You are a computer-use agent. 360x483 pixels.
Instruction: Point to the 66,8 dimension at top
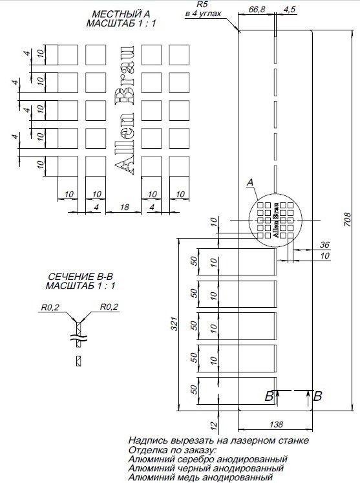pyautogui.click(x=257, y=10)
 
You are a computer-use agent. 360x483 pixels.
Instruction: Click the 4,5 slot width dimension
pyautogui.click(x=290, y=10)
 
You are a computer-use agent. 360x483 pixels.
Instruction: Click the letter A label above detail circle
pyautogui.click(x=249, y=184)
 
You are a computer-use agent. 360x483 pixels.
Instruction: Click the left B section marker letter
pyautogui.click(x=268, y=397)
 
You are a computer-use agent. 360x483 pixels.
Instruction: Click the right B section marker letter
pyautogui.click(x=317, y=397)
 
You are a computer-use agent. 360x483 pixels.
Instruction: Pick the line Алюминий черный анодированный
pyautogui.click(x=207, y=467)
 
